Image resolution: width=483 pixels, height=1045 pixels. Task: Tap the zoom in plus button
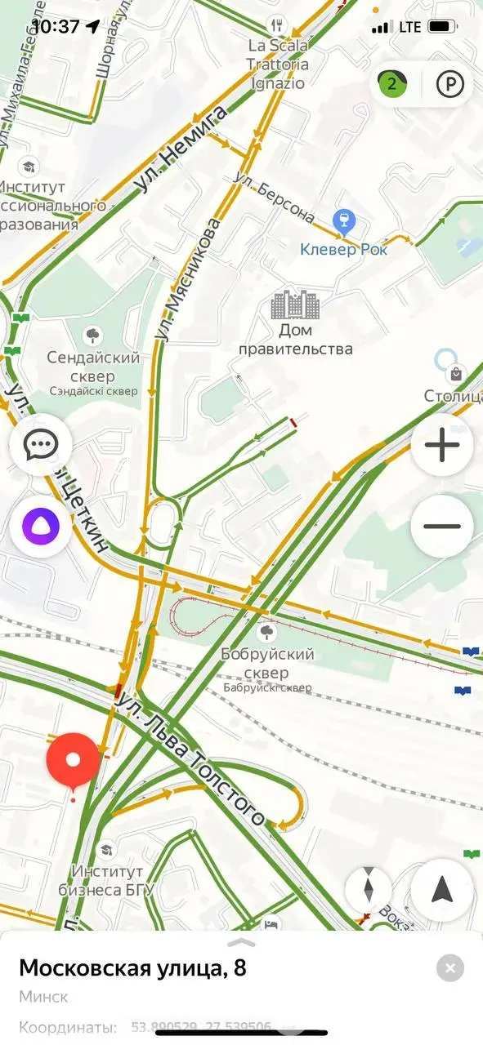click(442, 446)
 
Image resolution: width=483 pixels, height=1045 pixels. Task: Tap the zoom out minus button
click(442, 527)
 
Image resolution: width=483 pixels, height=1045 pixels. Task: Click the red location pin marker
click(73, 761)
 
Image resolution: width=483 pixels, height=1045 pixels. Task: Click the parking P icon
click(449, 84)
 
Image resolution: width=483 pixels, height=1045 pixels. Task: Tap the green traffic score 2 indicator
click(392, 83)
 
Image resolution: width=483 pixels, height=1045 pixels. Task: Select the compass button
click(368, 888)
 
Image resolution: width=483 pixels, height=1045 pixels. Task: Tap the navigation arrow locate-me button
click(442, 889)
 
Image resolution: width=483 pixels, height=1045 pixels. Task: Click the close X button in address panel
click(450, 968)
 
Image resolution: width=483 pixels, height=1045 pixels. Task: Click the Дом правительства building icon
click(295, 305)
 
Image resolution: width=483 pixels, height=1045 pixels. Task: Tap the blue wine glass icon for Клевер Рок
click(344, 221)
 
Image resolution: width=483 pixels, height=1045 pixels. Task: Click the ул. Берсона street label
click(273, 197)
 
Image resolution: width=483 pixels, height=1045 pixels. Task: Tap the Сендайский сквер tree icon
click(93, 334)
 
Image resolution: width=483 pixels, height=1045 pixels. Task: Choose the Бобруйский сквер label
click(267, 663)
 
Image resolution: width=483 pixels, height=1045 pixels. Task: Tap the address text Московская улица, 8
click(132, 968)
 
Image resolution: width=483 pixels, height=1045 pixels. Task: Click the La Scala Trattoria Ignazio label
click(278, 64)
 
